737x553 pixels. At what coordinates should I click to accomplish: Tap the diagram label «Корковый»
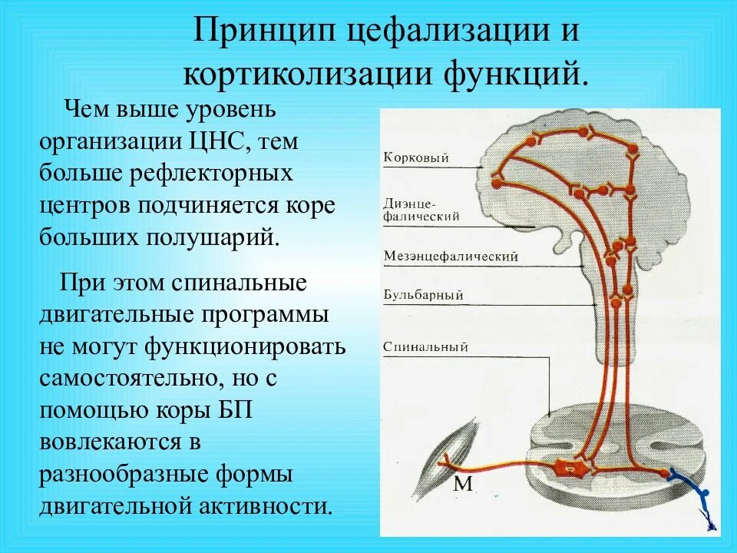415,159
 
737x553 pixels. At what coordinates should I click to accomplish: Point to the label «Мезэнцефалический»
451,256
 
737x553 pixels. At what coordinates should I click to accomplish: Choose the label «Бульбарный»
422,294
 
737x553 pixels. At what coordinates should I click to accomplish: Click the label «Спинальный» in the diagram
425,347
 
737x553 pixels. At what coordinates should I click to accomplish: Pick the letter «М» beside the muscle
463,483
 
